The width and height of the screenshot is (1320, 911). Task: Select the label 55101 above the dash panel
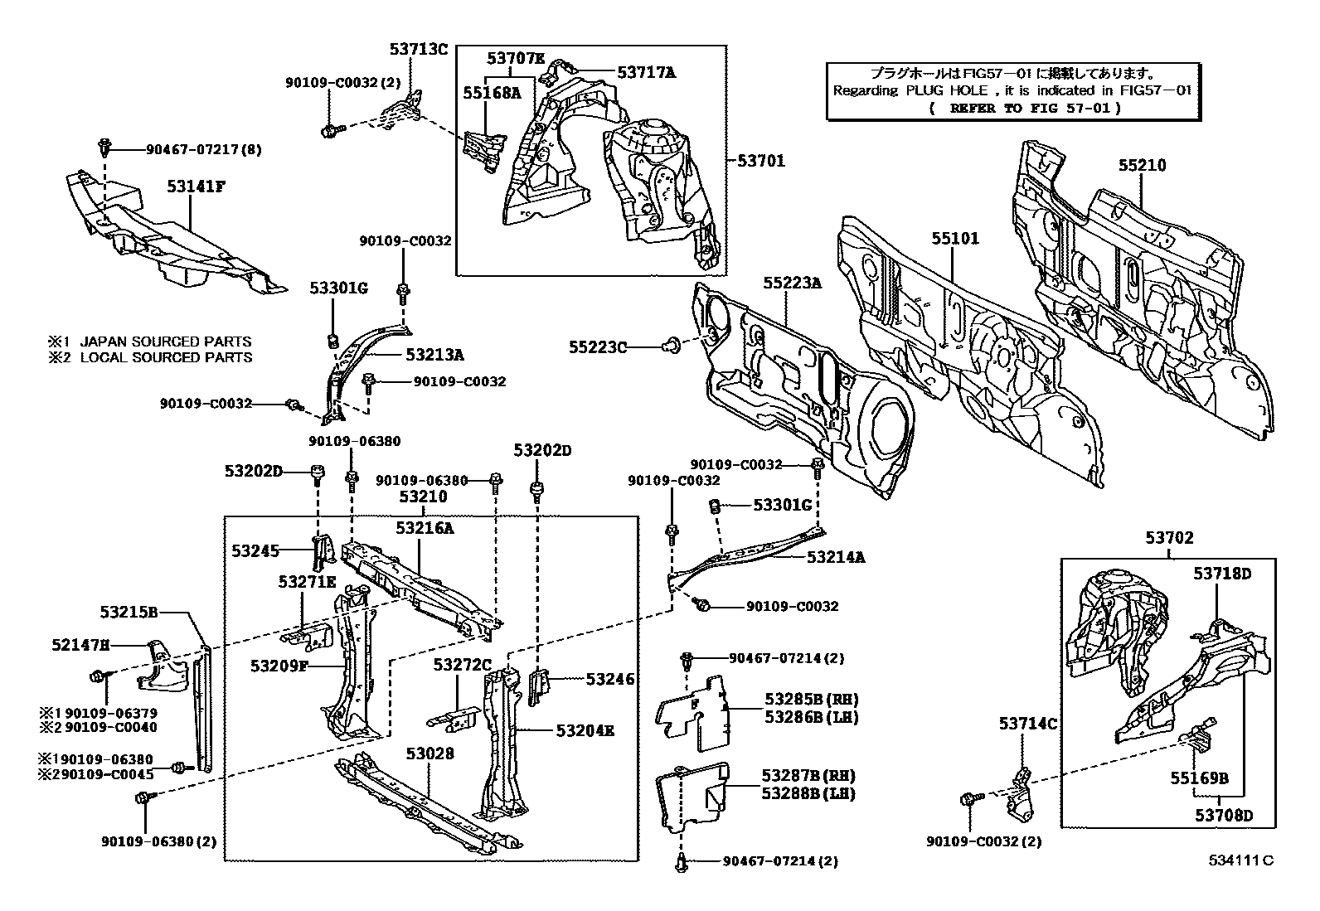954,239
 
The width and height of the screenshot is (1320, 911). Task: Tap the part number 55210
1141,165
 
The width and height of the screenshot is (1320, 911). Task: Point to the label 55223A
792,283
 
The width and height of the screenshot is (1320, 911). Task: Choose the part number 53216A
425,528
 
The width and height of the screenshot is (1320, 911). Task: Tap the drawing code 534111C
1240,860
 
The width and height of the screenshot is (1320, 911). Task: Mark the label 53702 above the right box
1170,538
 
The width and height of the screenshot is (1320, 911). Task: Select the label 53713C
419,49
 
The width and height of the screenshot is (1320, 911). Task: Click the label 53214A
836,558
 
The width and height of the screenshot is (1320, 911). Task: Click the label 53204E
585,731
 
